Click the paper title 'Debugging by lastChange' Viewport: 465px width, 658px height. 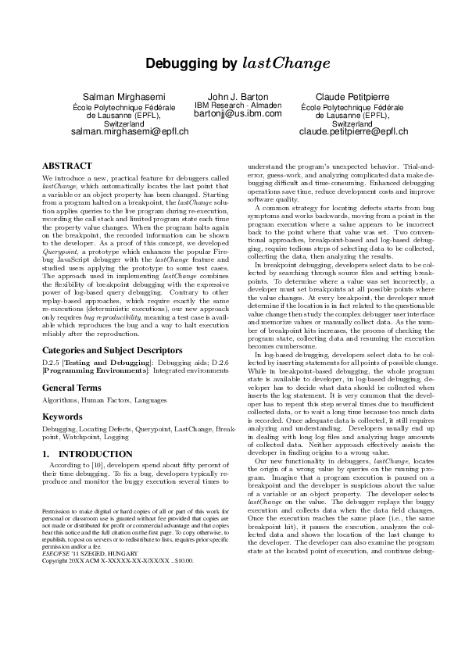click(x=232, y=63)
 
